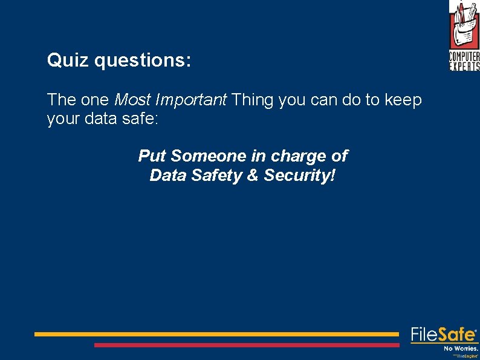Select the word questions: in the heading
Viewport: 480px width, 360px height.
[143, 61]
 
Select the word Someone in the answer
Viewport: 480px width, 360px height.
[209, 156]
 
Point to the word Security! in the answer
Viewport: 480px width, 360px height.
[299, 176]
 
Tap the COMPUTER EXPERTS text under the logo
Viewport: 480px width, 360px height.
[464, 61]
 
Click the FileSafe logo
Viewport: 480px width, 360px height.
[444, 335]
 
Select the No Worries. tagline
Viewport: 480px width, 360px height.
[461, 349]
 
